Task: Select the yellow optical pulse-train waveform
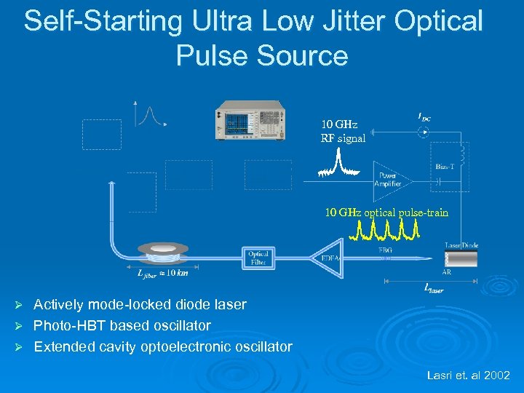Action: point(388,230)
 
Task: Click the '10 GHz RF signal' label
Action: point(343,131)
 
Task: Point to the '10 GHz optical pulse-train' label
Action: point(386,213)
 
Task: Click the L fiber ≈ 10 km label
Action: point(162,273)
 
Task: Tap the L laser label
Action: point(433,288)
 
